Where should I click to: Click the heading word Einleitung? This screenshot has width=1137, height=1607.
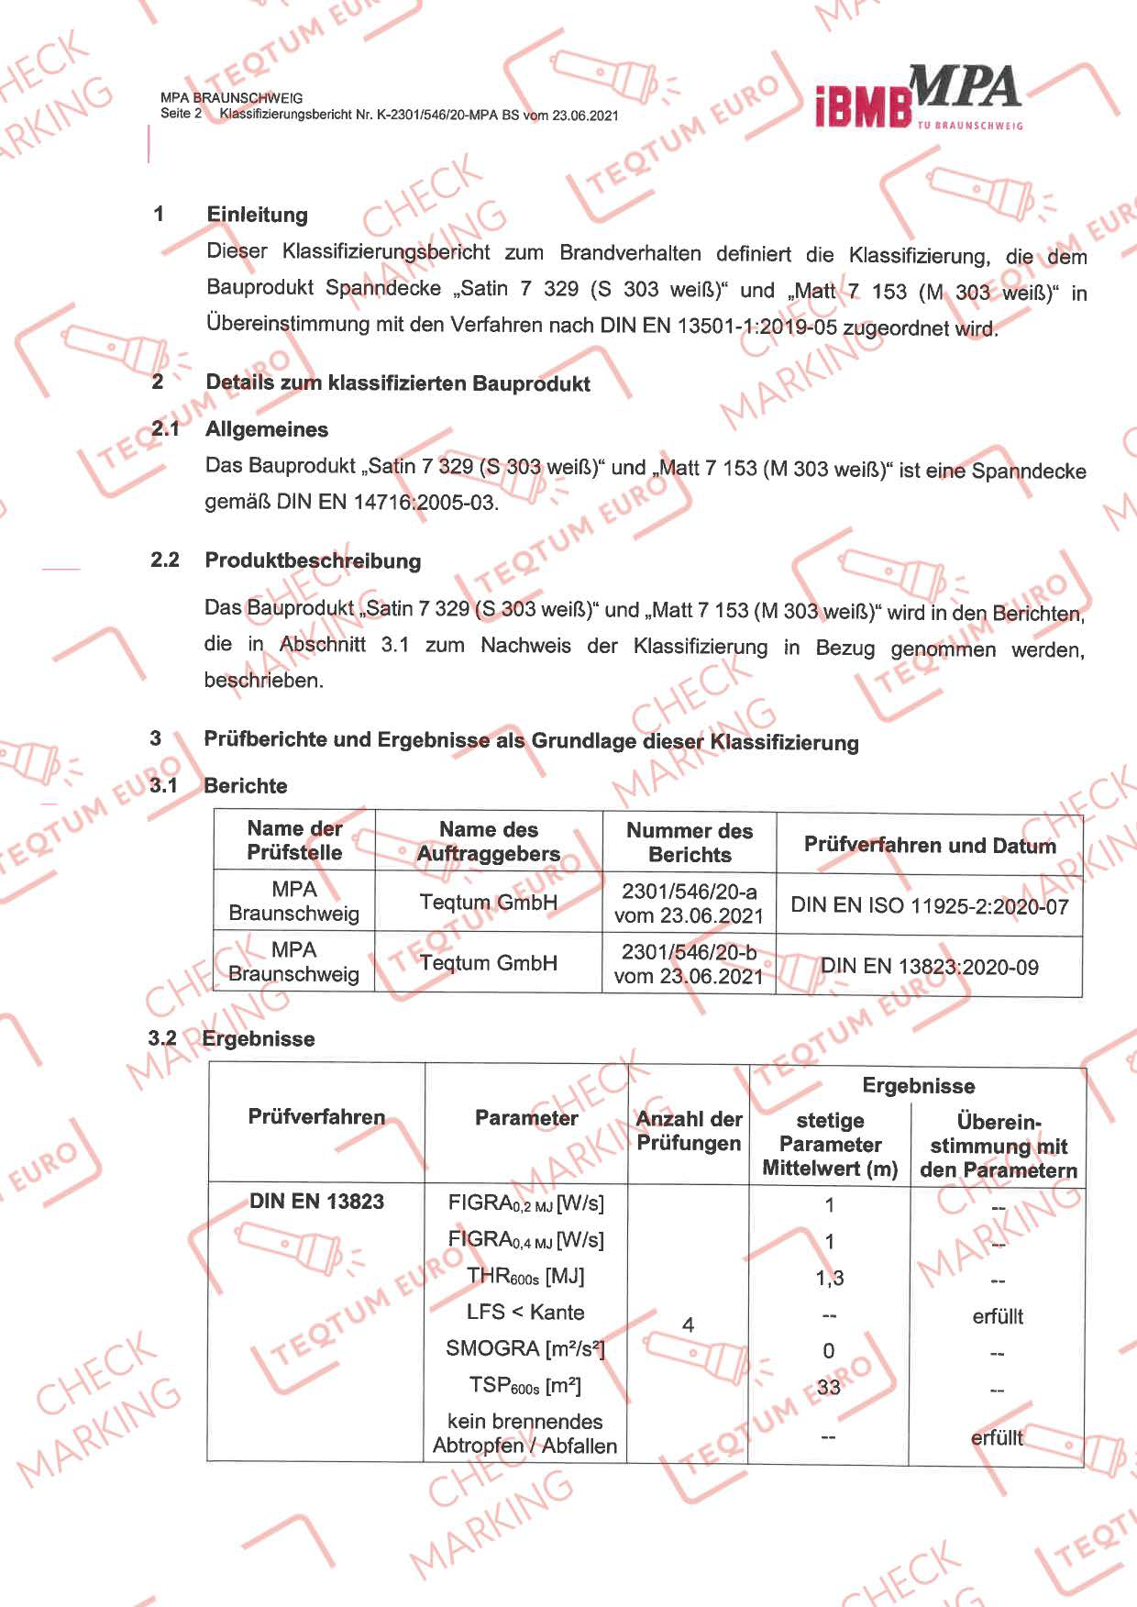(x=257, y=215)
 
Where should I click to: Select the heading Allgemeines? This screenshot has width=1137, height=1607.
(x=266, y=429)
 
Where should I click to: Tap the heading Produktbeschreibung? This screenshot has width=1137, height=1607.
(x=313, y=560)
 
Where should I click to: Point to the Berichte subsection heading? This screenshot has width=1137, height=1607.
(x=245, y=786)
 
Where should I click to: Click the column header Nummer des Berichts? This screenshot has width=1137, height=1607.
(x=690, y=842)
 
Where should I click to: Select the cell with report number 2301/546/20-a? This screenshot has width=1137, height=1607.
(x=689, y=903)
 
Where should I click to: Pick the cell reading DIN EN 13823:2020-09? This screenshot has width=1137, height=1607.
(x=929, y=967)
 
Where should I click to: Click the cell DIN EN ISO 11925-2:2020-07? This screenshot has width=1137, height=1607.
(x=929, y=906)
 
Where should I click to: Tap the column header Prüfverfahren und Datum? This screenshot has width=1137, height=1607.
(x=929, y=845)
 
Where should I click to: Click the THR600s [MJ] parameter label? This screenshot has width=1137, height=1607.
(x=524, y=1276)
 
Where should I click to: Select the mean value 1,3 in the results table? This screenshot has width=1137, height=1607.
(x=829, y=1278)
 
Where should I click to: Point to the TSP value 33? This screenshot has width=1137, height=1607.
(x=828, y=1387)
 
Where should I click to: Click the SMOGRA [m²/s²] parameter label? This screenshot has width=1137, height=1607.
(x=524, y=1349)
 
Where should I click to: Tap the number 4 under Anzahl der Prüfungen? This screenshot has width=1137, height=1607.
(x=688, y=1324)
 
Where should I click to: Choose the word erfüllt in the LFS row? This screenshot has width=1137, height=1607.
(x=998, y=1316)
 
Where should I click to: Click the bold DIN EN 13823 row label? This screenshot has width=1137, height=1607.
(x=316, y=1202)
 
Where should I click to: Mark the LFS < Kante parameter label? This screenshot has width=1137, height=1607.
(x=524, y=1313)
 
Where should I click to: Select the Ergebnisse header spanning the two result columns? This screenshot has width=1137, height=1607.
(x=918, y=1086)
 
